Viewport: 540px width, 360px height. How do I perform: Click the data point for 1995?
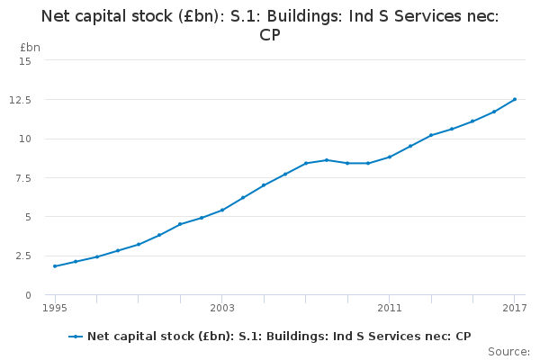click(x=55, y=266)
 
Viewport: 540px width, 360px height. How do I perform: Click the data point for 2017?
click(x=515, y=99)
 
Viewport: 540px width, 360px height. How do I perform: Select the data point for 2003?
click(x=222, y=210)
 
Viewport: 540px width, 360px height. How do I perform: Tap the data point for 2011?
click(x=390, y=157)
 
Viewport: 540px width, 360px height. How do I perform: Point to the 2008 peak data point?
click(x=327, y=160)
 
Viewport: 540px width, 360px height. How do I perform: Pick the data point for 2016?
click(x=494, y=112)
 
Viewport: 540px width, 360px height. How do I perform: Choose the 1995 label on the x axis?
click(x=55, y=309)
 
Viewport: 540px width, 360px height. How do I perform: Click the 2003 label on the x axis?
click(x=222, y=309)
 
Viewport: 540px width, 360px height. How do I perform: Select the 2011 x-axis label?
click(x=390, y=309)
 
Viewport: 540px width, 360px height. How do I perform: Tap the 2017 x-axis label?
click(x=514, y=309)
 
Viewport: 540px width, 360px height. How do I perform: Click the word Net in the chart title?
click(x=58, y=15)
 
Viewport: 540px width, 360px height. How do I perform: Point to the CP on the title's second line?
click(x=270, y=35)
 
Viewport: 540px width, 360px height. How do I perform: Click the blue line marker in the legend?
click(x=76, y=337)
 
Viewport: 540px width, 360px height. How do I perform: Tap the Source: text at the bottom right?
click(x=508, y=351)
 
